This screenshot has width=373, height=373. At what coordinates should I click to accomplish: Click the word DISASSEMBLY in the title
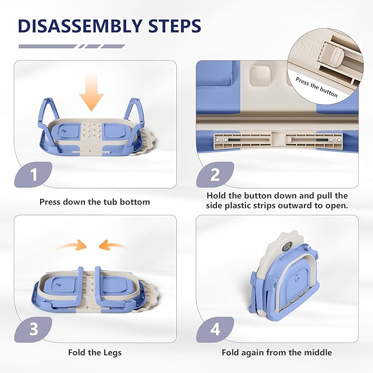[80, 26]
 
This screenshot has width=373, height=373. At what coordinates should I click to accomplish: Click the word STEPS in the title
[175, 26]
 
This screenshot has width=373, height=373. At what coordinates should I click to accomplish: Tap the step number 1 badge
[33, 175]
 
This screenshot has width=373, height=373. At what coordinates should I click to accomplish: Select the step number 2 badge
[215, 175]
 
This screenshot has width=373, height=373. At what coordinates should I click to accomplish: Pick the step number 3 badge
[33, 330]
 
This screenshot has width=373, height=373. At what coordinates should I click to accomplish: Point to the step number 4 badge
[215, 330]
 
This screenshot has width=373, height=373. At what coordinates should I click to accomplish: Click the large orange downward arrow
[91, 93]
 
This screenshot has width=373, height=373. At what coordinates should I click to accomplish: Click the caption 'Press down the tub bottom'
[94, 202]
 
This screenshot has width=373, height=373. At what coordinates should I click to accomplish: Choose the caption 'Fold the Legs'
[94, 352]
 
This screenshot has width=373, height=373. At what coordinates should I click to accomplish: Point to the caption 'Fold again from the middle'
[277, 352]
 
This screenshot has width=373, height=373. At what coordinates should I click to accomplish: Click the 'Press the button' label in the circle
[316, 87]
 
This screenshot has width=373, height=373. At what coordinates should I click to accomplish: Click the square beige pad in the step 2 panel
[259, 76]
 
